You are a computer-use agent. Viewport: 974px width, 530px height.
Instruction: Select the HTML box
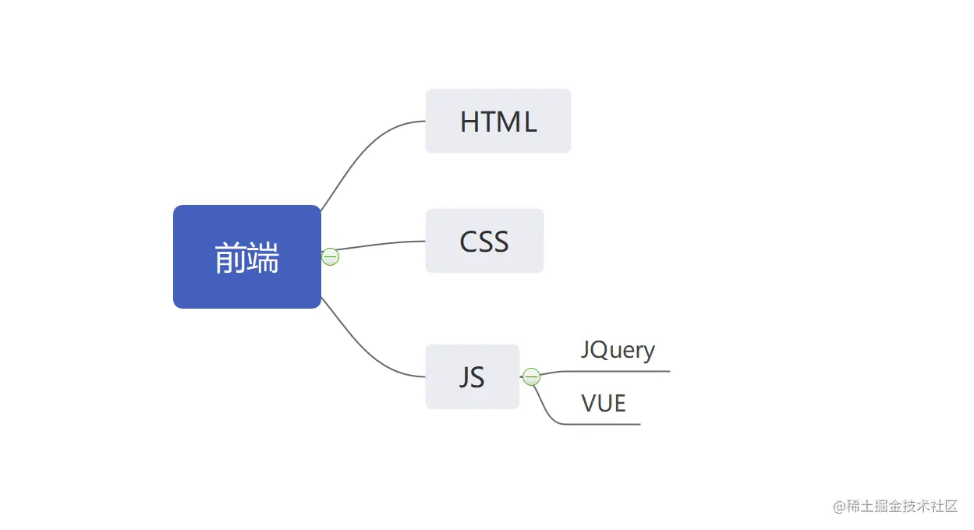pyautogui.click(x=498, y=121)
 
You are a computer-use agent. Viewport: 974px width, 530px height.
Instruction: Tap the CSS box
pyautogui.click(x=483, y=241)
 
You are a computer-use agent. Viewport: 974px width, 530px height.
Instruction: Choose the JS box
pyautogui.click(x=472, y=376)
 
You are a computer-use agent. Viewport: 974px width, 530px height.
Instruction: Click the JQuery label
pyautogui.click(x=618, y=350)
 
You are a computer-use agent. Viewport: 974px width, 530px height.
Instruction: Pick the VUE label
pyautogui.click(x=604, y=403)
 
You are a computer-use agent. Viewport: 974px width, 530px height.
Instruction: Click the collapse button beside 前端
pyautogui.click(x=331, y=256)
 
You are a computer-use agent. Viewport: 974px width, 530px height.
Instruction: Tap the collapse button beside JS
pyautogui.click(x=531, y=377)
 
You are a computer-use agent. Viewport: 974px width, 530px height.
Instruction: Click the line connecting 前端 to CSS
pyautogui.click(x=382, y=244)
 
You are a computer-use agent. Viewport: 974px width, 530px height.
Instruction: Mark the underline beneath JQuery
pyautogui.click(x=624, y=371)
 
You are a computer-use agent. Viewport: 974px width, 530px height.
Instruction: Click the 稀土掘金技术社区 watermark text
pyautogui.click(x=902, y=506)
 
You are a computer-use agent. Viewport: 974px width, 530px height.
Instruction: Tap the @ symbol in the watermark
pyautogui.click(x=839, y=507)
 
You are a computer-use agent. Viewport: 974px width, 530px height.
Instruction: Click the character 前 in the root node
pyautogui.click(x=230, y=258)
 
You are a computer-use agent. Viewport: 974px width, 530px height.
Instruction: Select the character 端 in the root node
pyautogui.click(x=264, y=258)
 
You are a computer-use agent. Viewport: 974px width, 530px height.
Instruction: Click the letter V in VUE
pyautogui.click(x=590, y=403)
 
